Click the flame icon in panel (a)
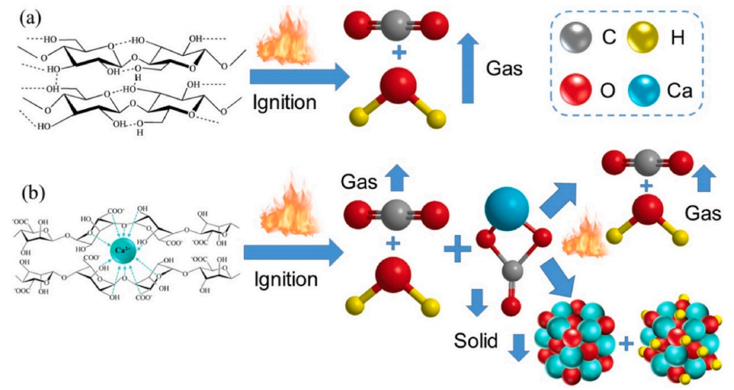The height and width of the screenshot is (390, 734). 281,41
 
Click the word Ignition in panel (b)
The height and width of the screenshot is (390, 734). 281,280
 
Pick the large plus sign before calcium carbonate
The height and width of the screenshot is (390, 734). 458,251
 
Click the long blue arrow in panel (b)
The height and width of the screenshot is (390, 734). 292,254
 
